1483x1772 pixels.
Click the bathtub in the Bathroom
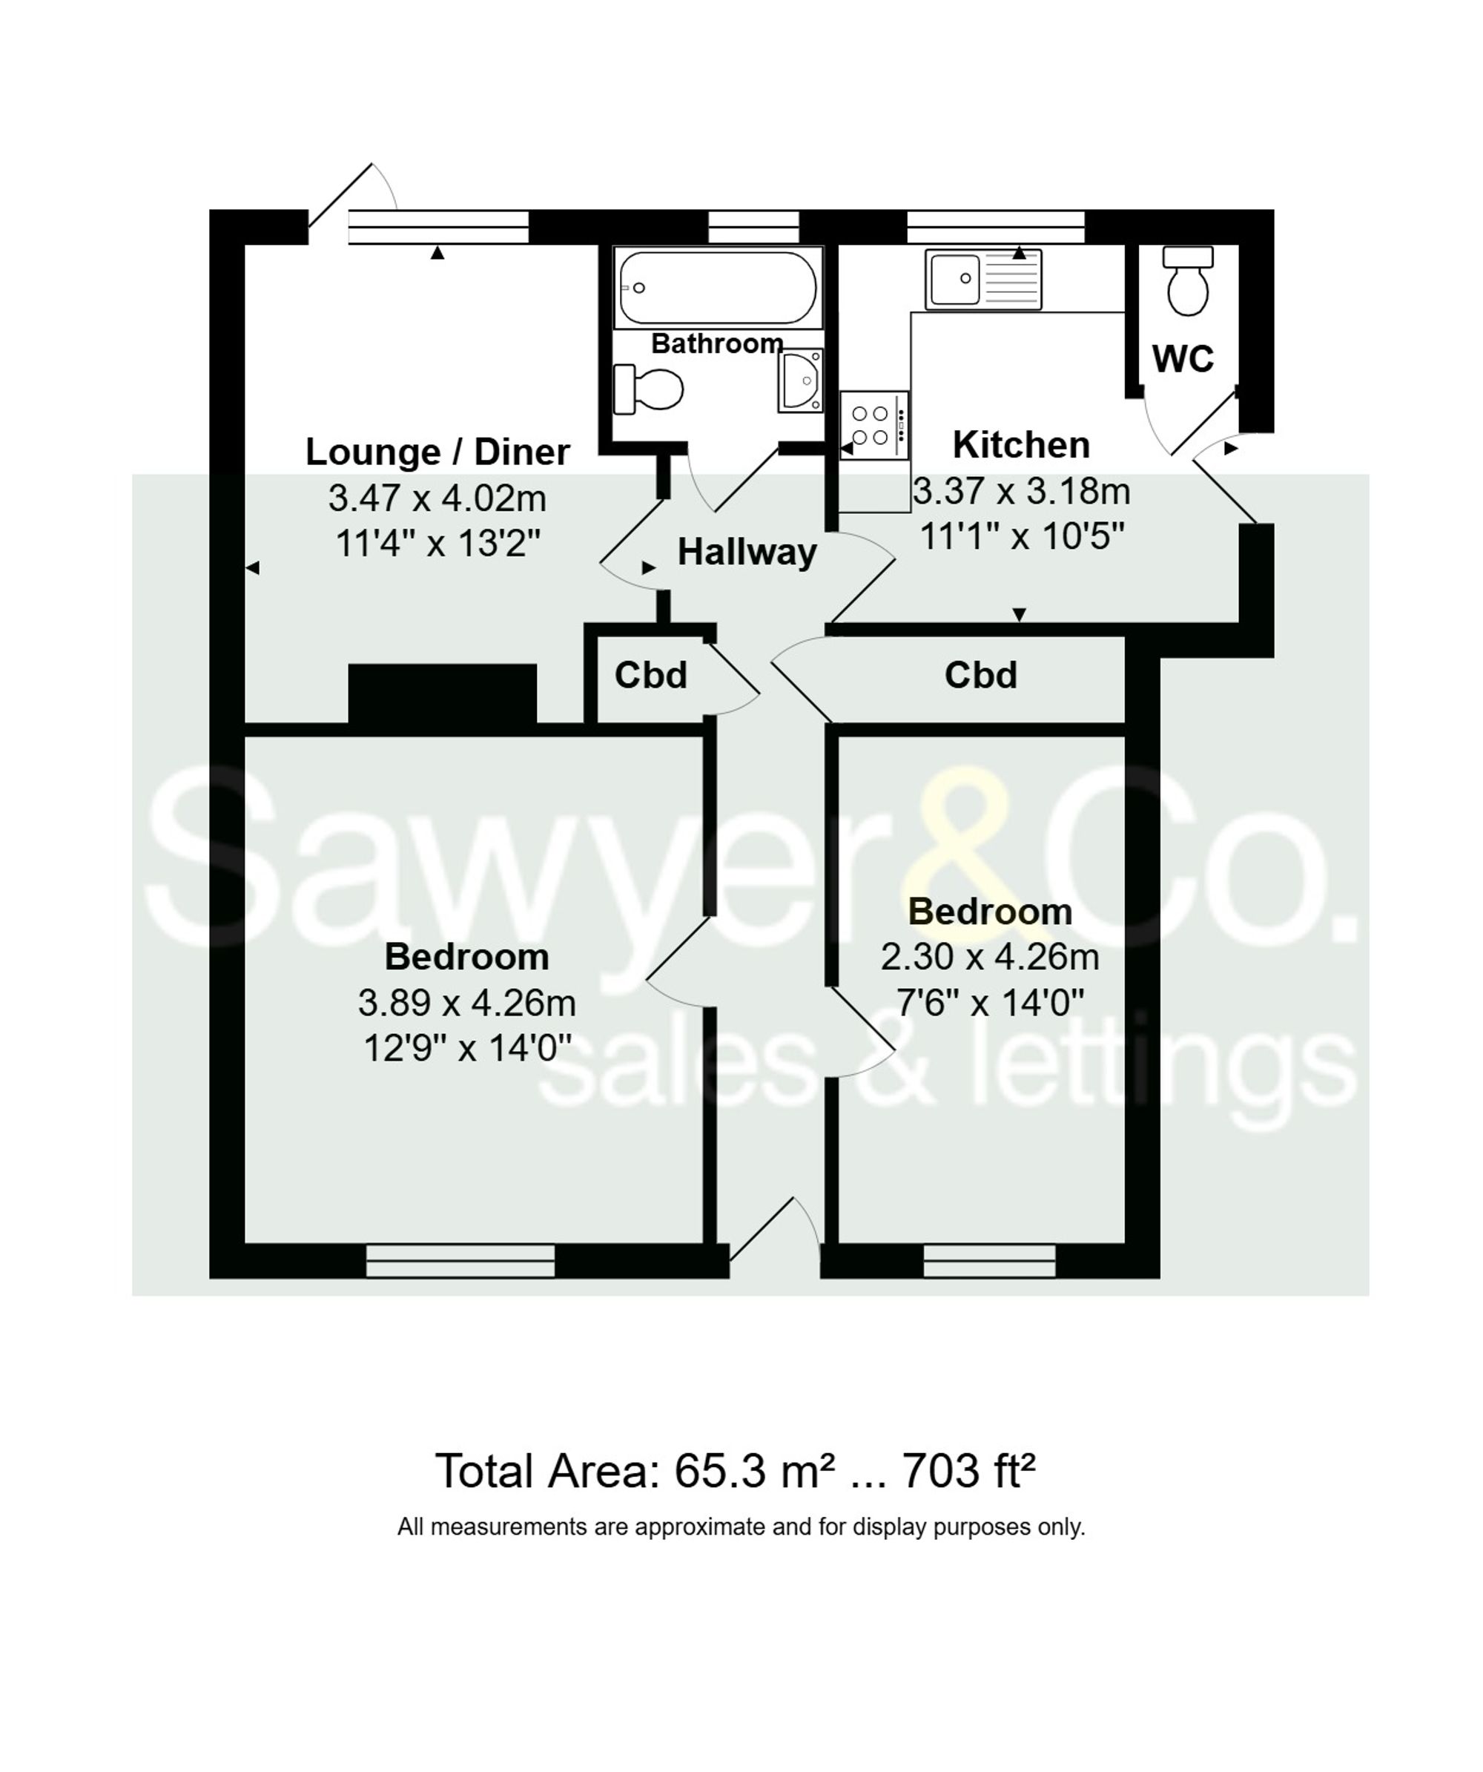tap(717, 288)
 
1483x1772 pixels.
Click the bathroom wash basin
tap(799, 381)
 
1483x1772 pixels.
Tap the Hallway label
tap(747, 552)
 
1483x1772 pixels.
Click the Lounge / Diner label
tap(437, 452)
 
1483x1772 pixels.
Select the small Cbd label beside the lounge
tap(650, 675)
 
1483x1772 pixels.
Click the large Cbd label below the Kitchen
tap(980, 675)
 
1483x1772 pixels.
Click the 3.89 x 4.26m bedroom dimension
tap(466, 1002)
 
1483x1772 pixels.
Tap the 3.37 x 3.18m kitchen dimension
tap(1021, 491)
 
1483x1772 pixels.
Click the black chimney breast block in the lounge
tap(442, 693)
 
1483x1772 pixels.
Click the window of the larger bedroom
tap(460, 1261)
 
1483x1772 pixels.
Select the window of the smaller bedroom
tap(988, 1261)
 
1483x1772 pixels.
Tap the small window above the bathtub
tap(753, 227)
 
